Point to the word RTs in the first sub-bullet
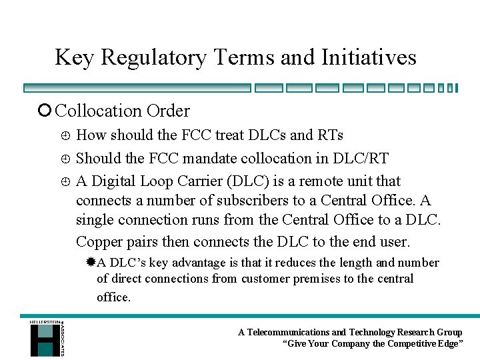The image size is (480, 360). pyautogui.click(x=331, y=135)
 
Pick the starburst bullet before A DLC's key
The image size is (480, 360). pyautogui.click(x=91, y=263)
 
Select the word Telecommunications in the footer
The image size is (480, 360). pyautogui.click(x=288, y=332)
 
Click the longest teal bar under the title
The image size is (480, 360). pyautogui.click(x=137, y=87)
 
